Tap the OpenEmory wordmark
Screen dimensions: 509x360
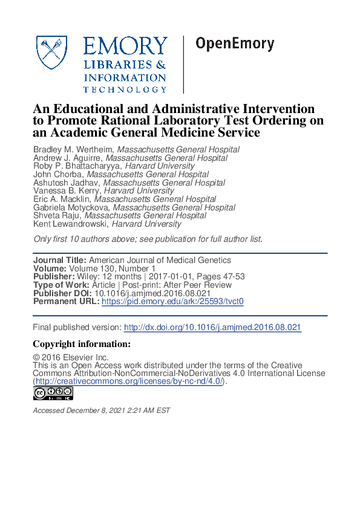click(235, 44)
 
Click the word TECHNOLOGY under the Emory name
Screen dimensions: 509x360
click(125, 89)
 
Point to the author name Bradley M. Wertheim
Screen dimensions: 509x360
click(73, 149)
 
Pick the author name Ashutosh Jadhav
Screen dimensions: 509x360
click(67, 183)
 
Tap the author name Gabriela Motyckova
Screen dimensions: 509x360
click(71, 207)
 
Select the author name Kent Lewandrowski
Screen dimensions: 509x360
click(70, 224)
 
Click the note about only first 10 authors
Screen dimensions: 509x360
click(148, 239)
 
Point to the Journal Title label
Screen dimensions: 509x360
click(59, 261)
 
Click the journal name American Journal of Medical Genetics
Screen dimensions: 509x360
click(160, 261)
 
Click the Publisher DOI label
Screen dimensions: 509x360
click(62, 293)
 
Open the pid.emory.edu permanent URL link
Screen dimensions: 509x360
click(172, 301)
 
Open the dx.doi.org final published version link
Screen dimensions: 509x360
click(212, 327)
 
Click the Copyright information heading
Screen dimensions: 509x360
click(81, 344)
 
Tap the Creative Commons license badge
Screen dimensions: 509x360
click(53, 394)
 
